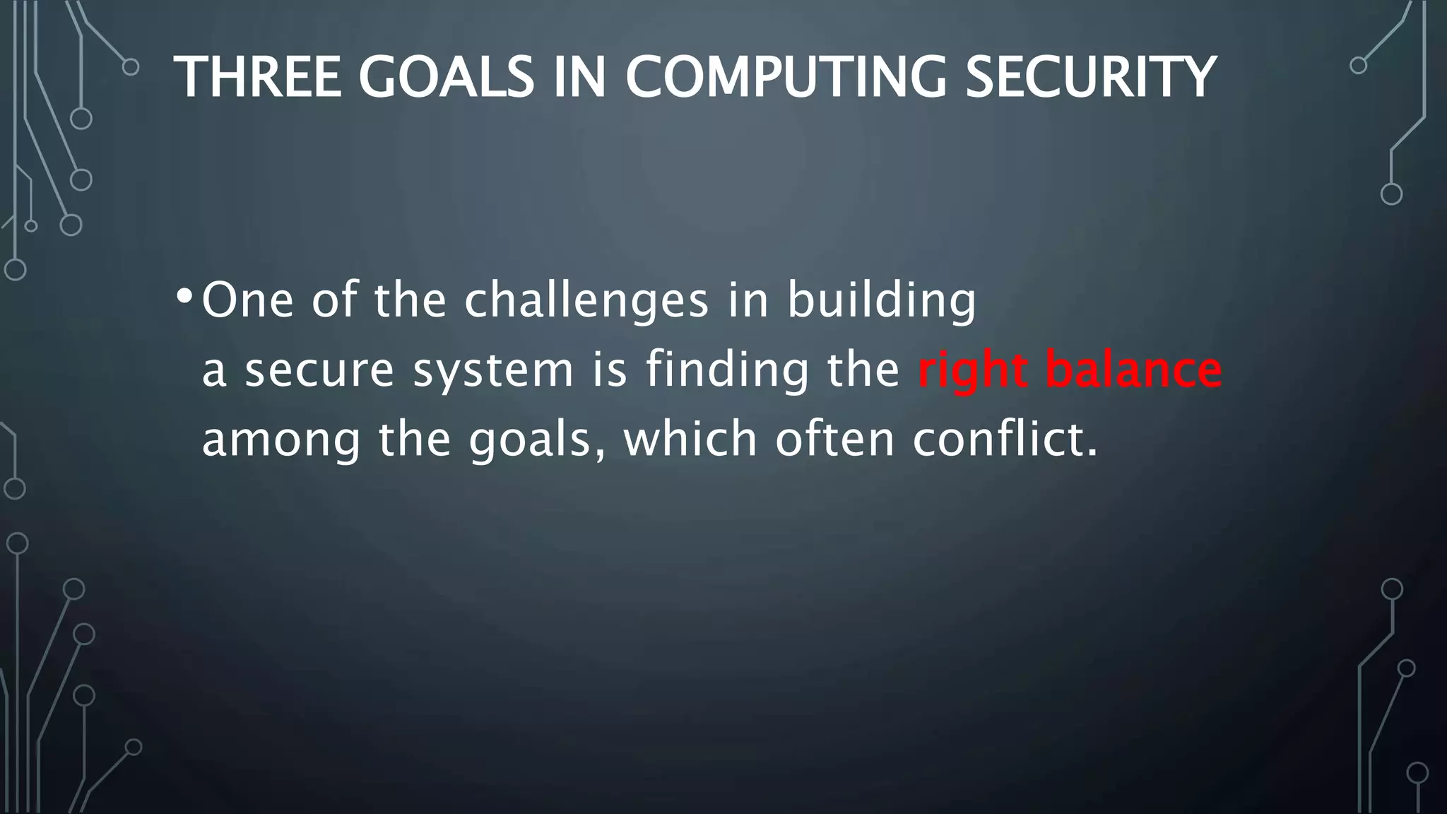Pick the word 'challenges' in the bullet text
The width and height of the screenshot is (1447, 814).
coord(586,300)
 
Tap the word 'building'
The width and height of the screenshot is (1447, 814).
coord(882,300)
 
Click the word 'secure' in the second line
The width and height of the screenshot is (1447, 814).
coord(319,369)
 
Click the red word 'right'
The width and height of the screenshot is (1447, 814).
coord(972,369)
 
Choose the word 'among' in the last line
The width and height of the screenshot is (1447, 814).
coord(281,440)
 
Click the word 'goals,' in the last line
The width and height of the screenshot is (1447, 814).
coord(536,440)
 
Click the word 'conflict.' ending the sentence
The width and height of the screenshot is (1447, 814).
coord(1005,438)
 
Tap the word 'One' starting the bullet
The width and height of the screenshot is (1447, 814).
coord(248,300)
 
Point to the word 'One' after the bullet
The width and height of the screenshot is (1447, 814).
coord(248,300)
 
